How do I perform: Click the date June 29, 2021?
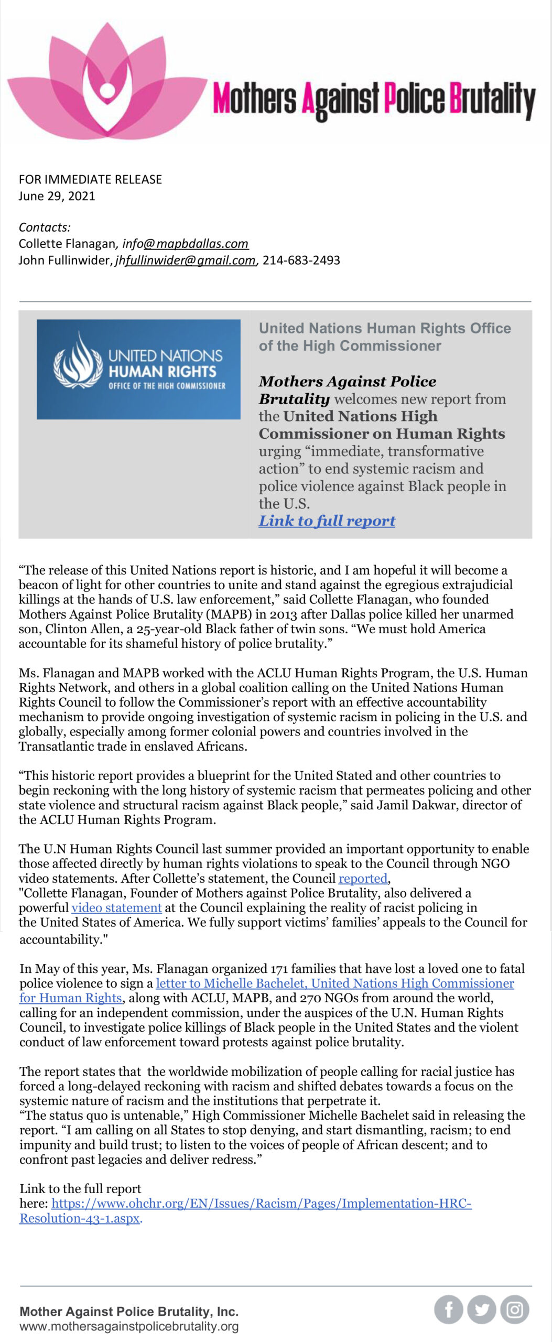point(57,196)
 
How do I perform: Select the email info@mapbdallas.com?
point(186,244)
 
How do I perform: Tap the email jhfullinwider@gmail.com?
point(186,261)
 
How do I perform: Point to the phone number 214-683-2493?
point(301,261)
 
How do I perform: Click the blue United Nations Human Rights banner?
point(138,370)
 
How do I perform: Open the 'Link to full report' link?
point(327,521)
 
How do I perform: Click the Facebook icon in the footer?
point(448,1310)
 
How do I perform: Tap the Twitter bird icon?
point(482,1310)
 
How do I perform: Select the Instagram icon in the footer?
point(515,1310)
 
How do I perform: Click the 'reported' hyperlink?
point(363,879)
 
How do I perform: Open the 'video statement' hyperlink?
point(116,908)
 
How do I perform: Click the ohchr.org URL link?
point(261,1204)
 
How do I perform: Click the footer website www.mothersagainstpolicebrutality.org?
point(129,1326)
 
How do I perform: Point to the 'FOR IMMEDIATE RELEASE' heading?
point(90,179)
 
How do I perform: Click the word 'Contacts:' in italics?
point(45,228)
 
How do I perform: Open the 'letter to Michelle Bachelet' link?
point(334,983)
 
